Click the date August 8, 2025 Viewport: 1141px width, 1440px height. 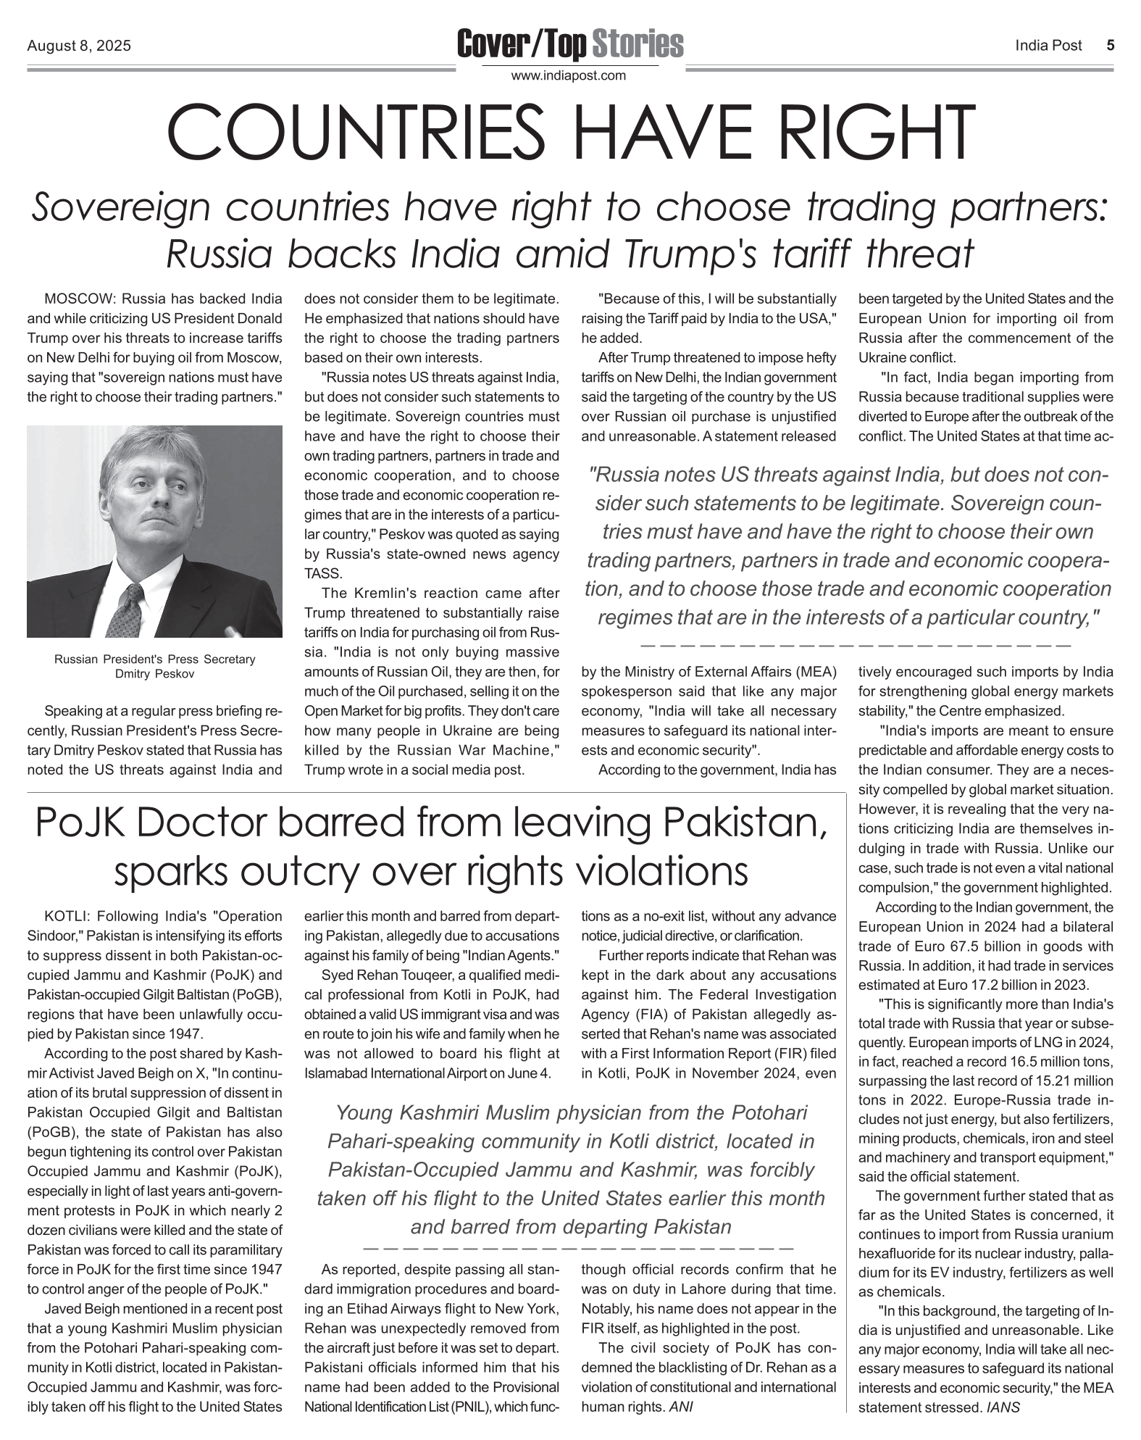pyautogui.click(x=79, y=46)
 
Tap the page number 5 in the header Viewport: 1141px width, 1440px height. pyautogui.click(x=1110, y=46)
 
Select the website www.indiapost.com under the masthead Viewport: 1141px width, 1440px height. pyautogui.click(x=569, y=75)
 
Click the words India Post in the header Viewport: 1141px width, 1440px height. pyautogui.click(x=1048, y=46)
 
